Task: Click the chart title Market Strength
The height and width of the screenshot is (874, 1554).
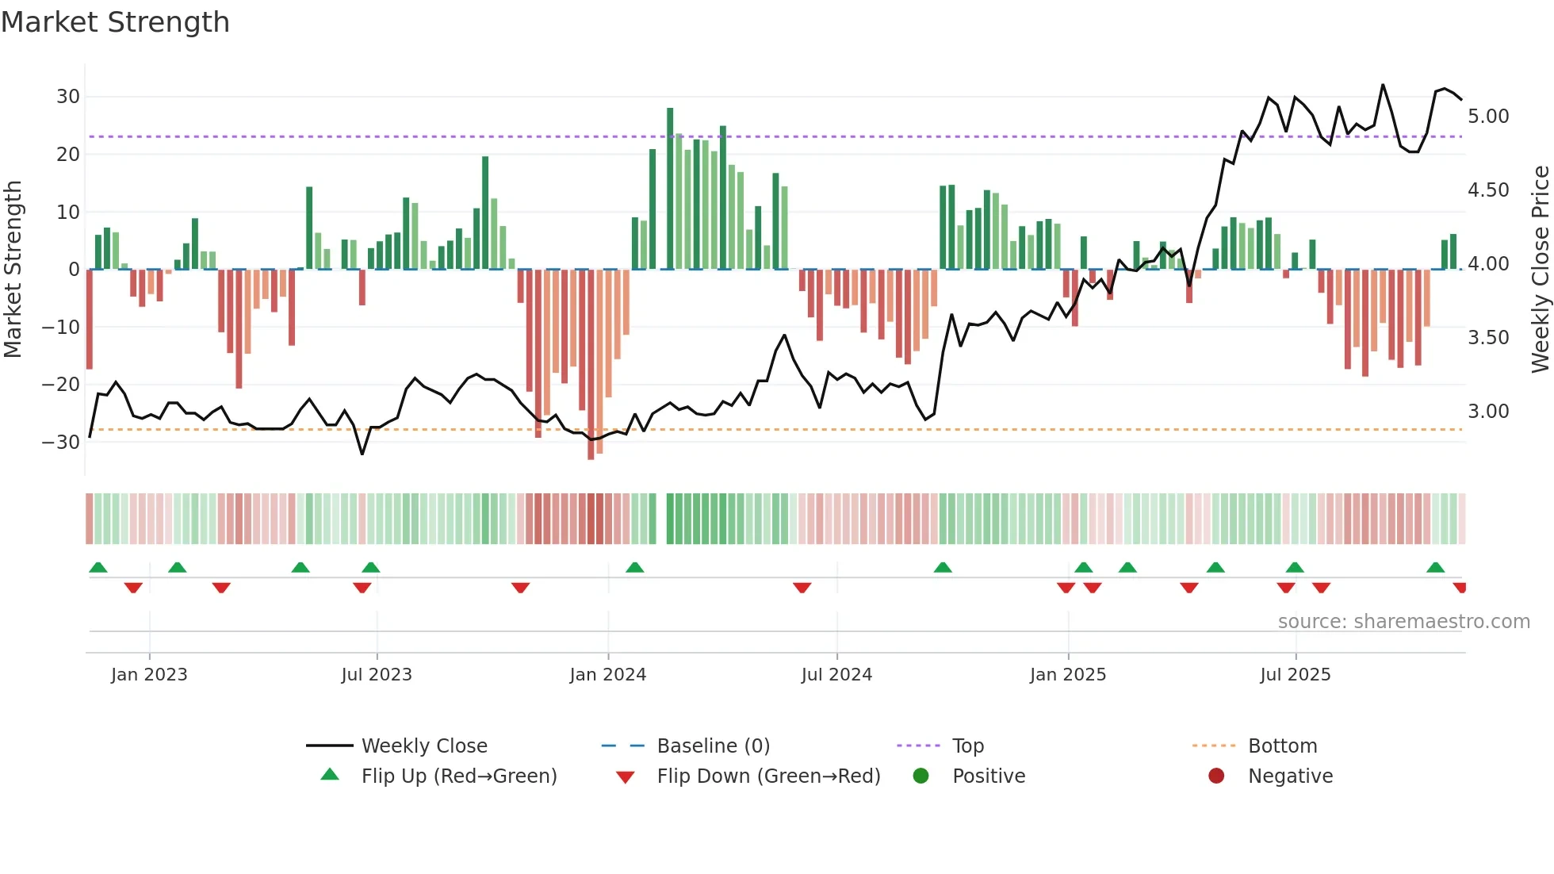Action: point(115,22)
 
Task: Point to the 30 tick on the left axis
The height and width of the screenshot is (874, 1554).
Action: point(68,97)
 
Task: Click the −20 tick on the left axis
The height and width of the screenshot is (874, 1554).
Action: point(61,385)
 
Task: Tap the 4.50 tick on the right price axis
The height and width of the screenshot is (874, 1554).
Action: point(1488,190)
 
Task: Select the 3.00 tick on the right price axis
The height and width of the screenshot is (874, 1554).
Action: point(1488,412)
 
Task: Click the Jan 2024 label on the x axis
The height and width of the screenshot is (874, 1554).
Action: point(607,675)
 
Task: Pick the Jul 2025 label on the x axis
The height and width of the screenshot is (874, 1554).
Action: point(1295,675)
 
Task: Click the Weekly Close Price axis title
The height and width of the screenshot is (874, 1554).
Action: point(1540,270)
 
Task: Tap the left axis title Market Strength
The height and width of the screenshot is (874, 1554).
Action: point(13,270)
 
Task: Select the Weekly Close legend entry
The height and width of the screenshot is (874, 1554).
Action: point(423,746)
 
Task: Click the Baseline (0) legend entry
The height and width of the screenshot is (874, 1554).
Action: point(713,746)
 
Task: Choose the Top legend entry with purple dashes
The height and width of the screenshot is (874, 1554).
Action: point(967,746)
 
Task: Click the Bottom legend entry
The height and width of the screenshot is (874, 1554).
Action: point(1282,746)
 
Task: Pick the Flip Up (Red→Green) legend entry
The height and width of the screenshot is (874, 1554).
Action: point(458,776)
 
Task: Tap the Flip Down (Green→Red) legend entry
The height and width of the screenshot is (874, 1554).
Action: point(767,776)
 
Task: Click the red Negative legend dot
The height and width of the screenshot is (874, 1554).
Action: point(1216,776)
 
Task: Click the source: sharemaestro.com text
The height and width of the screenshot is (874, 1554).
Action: point(1403,622)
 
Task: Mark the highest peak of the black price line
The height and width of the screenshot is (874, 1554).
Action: point(1383,85)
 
